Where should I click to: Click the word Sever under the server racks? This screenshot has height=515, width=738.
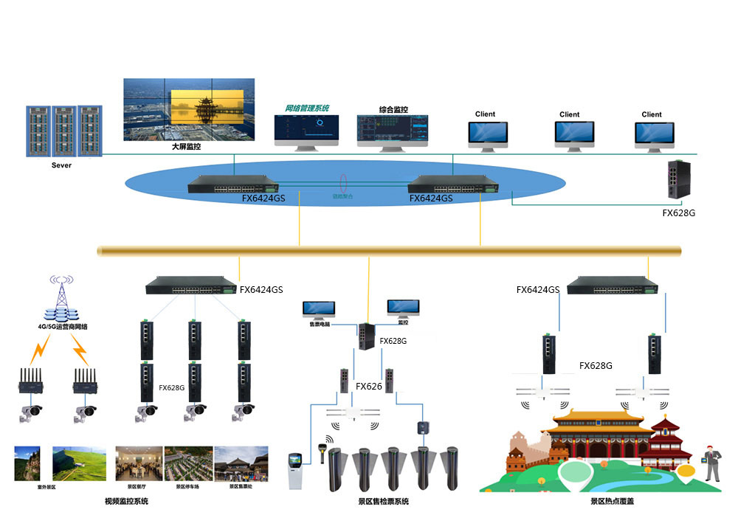click(62, 165)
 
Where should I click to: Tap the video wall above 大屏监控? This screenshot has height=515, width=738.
click(188, 109)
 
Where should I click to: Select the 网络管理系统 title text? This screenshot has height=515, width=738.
click(307, 108)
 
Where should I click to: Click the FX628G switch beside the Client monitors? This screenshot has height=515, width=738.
click(678, 181)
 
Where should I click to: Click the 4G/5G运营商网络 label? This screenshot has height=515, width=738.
click(63, 326)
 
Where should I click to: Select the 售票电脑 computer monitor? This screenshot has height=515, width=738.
click(319, 309)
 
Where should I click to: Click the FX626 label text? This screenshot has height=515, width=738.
click(369, 386)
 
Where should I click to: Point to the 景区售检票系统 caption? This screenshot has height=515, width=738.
click(383, 502)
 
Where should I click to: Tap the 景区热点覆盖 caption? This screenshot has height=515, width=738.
click(612, 502)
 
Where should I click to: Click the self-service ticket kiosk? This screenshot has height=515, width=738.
click(295, 469)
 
